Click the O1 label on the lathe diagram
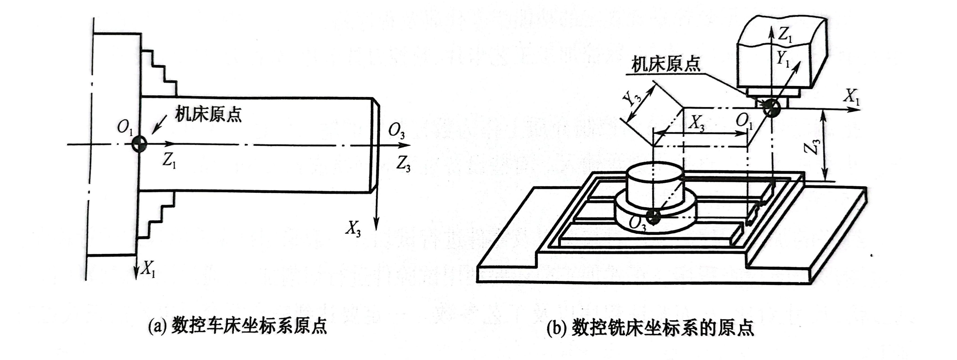(125, 128)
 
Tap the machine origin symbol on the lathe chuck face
(139, 144)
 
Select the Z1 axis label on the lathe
(169, 161)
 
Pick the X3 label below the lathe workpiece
(353, 228)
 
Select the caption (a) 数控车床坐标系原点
(238, 327)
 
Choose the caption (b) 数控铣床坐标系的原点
(650, 328)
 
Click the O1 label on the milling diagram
(744, 121)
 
